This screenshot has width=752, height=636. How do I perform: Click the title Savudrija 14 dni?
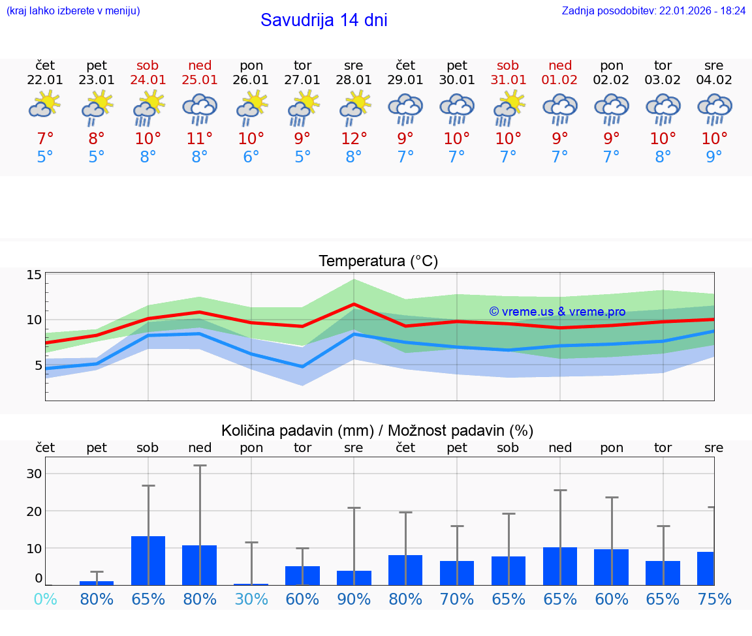tap(324, 20)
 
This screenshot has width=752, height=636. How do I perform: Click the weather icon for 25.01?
tap(200, 108)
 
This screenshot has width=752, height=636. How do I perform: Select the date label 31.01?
tap(508, 80)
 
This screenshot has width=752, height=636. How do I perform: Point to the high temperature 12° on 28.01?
tap(354, 138)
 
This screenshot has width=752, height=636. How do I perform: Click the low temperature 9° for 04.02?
tap(714, 157)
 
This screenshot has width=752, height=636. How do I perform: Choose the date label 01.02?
tap(560, 80)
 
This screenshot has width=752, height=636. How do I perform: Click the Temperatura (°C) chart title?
tap(378, 262)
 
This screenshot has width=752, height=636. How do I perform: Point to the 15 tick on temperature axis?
tap(34, 275)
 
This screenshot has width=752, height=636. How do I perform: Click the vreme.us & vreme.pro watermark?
tap(557, 312)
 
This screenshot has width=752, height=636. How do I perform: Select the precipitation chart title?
tap(377, 431)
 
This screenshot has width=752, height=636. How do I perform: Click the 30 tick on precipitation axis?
tap(34, 474)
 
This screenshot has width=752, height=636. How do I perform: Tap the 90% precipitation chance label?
tap(354, 599)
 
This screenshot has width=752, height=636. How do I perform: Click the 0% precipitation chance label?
tap(45, 599)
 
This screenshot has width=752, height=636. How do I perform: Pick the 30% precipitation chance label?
tap(251, 599)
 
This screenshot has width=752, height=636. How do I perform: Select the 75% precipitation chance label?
tap(714, 599)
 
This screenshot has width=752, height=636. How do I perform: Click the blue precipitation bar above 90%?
tap(354, 578)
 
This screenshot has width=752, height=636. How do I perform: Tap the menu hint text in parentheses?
tap(73, 11)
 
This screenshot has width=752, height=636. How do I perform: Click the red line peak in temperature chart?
tap(354, 304)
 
